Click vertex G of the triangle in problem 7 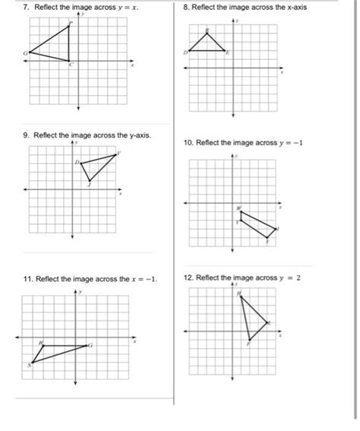tap(30, 54)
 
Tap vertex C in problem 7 tap(69, 62)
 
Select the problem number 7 tap(26, 8)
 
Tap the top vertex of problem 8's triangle tap(207, 33)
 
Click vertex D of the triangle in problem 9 tap(81, 163)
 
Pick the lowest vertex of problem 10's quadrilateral tap(267, 238)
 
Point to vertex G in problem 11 tap(87, 346)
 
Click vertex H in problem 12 tap(241, 296)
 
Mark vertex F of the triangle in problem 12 tap(249, 340)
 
